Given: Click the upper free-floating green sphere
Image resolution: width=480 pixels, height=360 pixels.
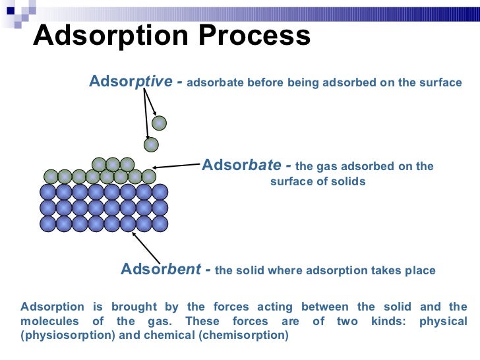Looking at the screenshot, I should (159, 123).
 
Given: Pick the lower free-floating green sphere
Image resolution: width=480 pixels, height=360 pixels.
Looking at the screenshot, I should (152, 144).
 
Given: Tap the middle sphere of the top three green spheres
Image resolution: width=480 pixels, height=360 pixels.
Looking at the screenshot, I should (113, 164).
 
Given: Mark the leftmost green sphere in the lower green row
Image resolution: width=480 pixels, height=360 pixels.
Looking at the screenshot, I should (50, 176).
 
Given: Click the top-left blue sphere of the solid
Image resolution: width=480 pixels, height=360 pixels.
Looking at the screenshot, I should (47, 192).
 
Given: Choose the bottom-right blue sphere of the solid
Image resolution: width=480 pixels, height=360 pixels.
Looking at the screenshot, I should (160, 224).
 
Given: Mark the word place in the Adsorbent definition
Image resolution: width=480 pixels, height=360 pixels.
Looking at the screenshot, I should (421, 270).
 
